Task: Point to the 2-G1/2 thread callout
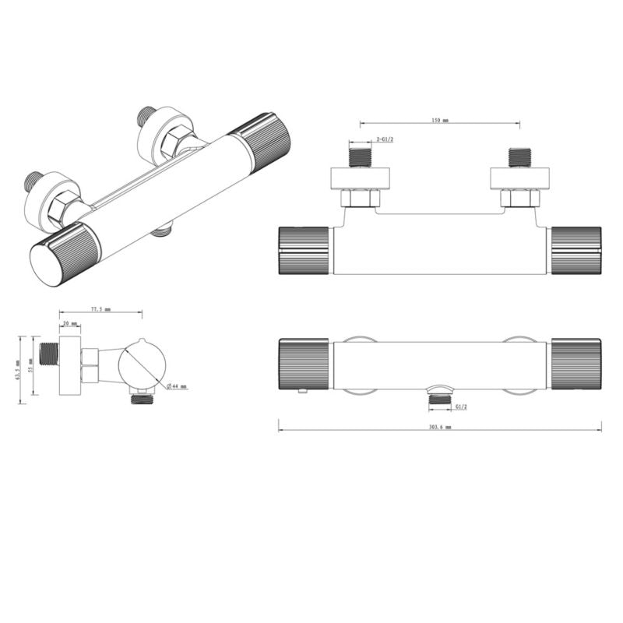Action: click(384, 139)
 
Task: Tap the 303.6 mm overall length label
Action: click(439, 428)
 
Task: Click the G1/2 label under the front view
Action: click(461, 407)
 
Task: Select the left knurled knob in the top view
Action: click(304, 251)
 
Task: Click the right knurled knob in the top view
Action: click(576, 251)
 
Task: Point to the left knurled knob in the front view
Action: click(304, 364)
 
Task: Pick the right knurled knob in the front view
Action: click(576, 364)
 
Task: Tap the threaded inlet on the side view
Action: click(49, 354)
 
